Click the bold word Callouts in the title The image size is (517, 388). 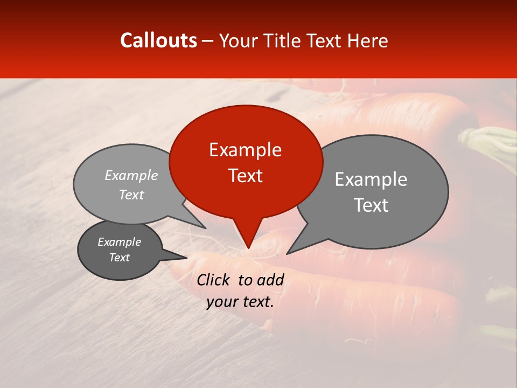[158, 40]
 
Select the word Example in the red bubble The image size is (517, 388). [245, 150]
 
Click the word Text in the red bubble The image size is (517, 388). [245, 176]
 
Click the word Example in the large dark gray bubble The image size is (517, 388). [371, 179]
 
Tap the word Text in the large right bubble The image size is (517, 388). [371, 205]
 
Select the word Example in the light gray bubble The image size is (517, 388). [131, 176]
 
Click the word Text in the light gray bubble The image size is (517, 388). [131, 195]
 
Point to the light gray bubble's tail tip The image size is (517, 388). [205, 227]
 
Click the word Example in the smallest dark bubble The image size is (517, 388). [119, 242]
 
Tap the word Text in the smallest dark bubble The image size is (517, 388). [119, 258]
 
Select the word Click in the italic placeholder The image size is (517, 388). [214, 280]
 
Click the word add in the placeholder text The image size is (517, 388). [270, 280]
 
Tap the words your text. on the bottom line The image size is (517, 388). [240, 302]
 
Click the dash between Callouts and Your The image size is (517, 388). [208, 41]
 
